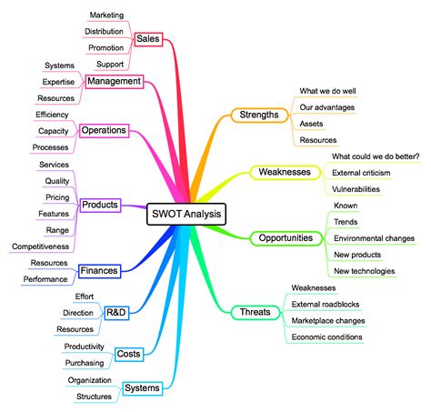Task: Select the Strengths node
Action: (x=260, y=115)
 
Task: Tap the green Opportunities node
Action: (x=286, y=238)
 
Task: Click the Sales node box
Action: (x=147, y=39)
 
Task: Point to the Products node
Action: (x=100, y=205)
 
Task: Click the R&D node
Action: (x=116, y=313)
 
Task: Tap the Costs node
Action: (x=128, y=353)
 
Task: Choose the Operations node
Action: (x=104, y=131)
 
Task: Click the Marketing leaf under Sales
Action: (x=106, y=15)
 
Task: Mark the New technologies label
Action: (x=364, y=271)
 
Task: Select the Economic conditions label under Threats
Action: (x=327, y=337)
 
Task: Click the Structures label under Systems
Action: (x=95, y=397)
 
